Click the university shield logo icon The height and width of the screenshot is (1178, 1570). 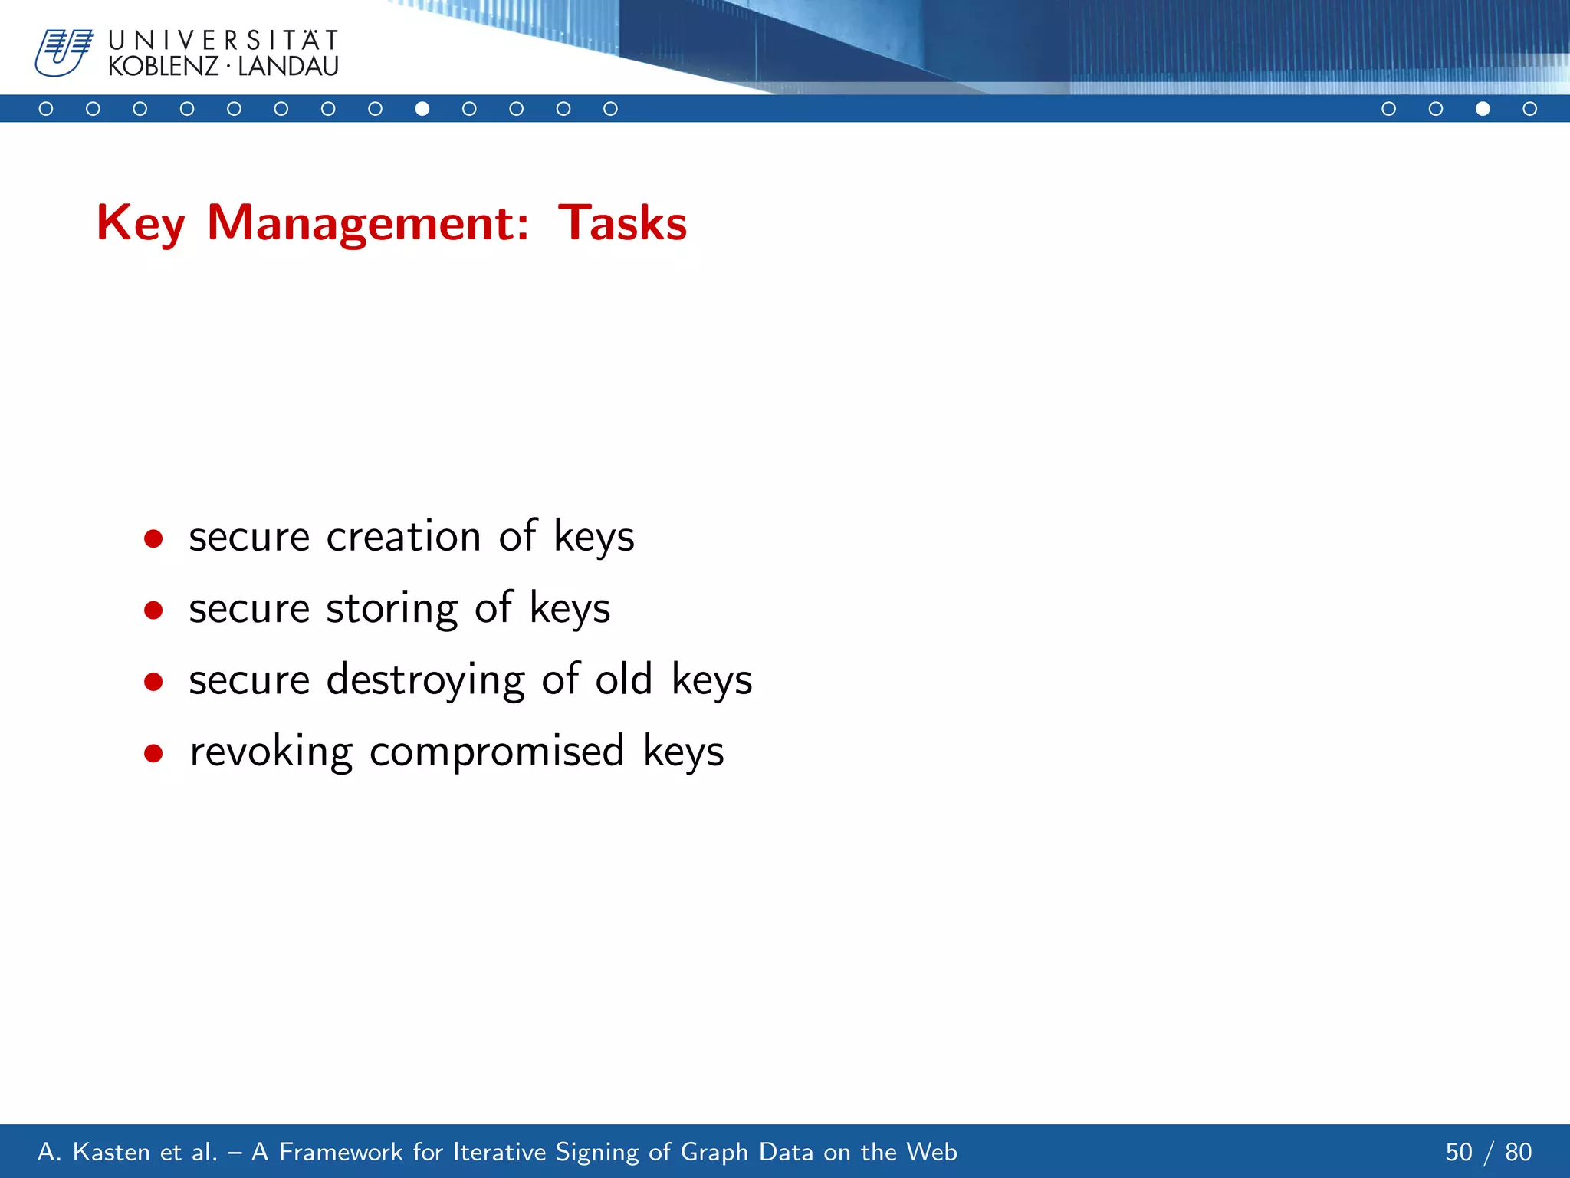point(63,53)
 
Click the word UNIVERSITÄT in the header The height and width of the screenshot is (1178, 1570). point(223,40)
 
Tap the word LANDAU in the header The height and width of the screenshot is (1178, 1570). point(288,67)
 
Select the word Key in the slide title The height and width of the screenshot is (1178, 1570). point(140,223)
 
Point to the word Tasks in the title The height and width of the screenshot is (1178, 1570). point(622,223)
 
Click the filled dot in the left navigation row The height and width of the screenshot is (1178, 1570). point(422,109)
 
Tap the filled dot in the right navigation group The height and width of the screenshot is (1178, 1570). point(1483,109)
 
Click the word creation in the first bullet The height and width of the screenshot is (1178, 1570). point(403,536)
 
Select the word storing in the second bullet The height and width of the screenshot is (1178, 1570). point(391,608)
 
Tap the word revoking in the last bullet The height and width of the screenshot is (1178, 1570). point(271,752)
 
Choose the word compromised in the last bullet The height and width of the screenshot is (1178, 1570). point(497,752)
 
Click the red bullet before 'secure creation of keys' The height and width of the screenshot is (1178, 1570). point(153,538)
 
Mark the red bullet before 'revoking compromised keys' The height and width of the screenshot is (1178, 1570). point(153,753)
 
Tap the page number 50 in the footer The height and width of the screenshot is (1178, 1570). point(1459,1152)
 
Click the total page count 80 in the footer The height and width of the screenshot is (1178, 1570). point(1518,1152)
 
